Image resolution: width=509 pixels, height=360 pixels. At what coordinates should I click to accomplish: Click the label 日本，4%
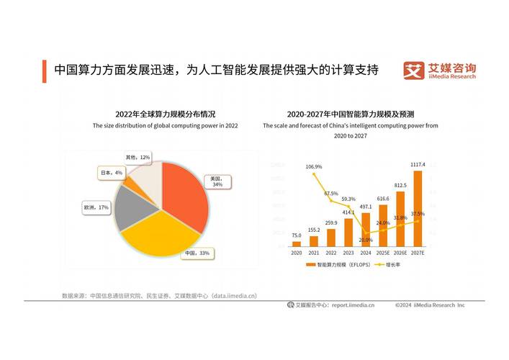[x=112, y=173]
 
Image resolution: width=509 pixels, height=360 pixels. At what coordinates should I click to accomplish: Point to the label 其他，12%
[x=138, y=157]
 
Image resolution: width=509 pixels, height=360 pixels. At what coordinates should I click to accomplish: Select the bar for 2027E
[x=418, y=209]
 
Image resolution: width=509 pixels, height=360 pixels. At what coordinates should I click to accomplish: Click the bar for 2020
[x=297, y=244]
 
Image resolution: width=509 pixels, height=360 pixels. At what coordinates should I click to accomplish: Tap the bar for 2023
[x=348, y=233]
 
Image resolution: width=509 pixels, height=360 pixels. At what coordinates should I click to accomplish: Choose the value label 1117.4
[x=418, y=165]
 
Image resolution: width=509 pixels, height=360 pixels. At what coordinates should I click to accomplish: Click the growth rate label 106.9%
[x=314, y=166]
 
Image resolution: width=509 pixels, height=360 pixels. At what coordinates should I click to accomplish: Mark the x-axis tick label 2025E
[x=383, y=253]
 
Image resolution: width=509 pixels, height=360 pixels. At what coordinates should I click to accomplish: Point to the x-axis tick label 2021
[x=314, y=253]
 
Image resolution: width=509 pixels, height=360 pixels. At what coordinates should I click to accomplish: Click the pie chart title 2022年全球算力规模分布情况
[x=165, y=114]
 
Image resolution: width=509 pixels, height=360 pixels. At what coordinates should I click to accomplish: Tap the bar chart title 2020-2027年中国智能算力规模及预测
[x=350, y=114]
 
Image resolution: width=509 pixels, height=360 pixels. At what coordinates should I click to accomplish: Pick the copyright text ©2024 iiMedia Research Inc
[x=430, y=305]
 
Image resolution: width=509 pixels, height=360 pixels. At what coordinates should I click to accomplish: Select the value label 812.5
[x=400, y=184]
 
